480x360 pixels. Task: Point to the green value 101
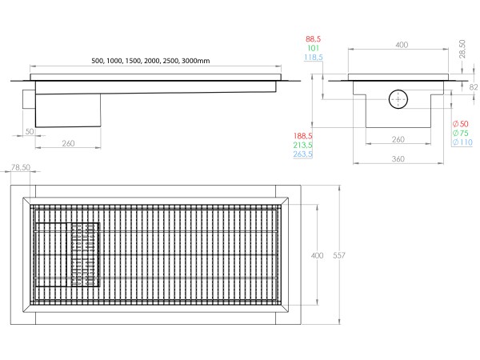point(313,48)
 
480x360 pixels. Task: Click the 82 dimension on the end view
point(472,86)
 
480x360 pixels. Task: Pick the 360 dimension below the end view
point(398,158)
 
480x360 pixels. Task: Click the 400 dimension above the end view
point(398,45)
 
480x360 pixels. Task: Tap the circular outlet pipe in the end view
point(398,100)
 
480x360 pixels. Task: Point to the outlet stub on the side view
point(30,100)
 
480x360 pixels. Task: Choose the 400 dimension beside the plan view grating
point(317,255)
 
